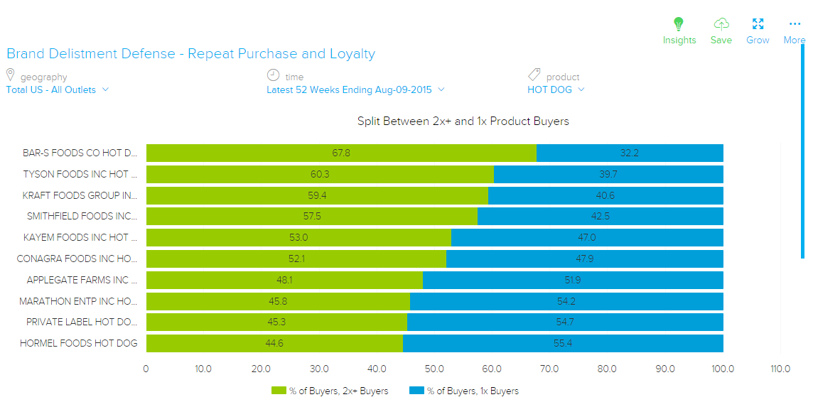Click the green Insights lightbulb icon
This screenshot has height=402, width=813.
pyautogui.click(x=679, y=24)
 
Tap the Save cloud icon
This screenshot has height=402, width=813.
pyautogui.click(x=721, y=24)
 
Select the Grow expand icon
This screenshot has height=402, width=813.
pyautogui.click(x=758, y=24)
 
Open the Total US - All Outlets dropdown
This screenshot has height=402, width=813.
pyautogui.click(x=58, y=90)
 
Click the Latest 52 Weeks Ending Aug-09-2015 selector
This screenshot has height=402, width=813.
pyautogui.click(x=355, y=90)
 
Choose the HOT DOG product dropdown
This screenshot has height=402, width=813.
pyautogui.click(x=556, y=90)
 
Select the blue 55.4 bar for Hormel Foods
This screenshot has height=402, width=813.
pyautogui.click(x=564, y=344)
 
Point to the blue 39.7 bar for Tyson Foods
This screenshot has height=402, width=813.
pyautogui.click(x=608, y=174)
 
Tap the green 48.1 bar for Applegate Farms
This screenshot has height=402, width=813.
pyautogui.click(x=284, y=280)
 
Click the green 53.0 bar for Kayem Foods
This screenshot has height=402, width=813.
pyautogui.click(x=298, y=237)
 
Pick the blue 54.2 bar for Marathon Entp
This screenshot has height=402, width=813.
pyautogui.click(x=566, y=301)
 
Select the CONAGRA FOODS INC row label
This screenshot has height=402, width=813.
pyautogui.click(x=77, y=259)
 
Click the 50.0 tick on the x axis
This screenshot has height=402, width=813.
pyautogui.click(x=434, y=369)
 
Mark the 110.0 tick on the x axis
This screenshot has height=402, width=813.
pyautogui.click(x=780, y=369)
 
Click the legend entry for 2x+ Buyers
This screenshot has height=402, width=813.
pyautogui.click(x=330, y=391)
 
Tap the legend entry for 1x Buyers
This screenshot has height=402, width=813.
pyautogui.click(x=465, y=391)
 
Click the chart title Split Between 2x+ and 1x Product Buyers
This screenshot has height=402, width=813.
pyautogui.click(x=463, y=121)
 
